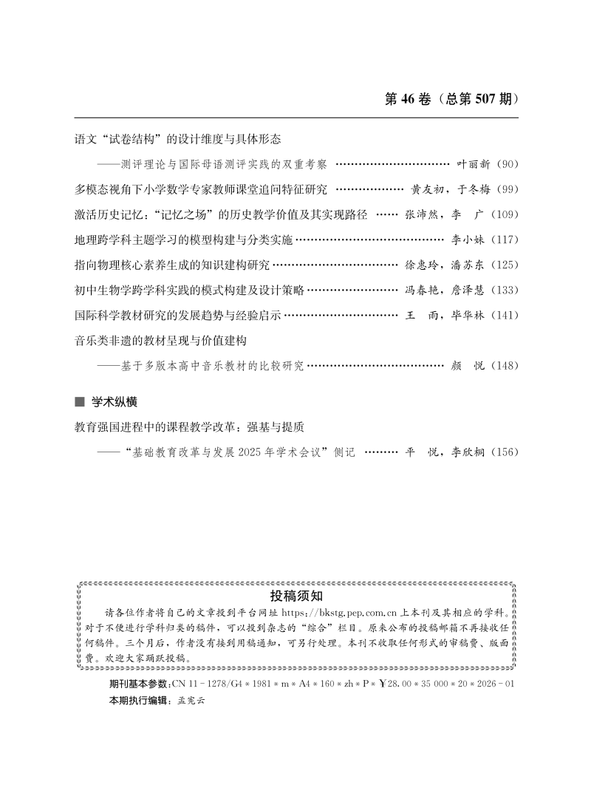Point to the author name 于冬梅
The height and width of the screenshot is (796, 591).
click(472, 189)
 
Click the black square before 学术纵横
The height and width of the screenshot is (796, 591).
click(80, 402)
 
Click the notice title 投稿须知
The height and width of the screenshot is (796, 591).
click(295, 596)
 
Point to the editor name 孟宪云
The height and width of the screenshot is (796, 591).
click(191, 700)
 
